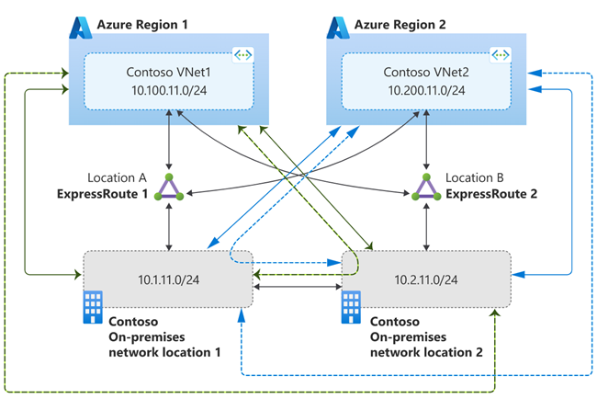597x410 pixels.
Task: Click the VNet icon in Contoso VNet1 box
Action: (242, 56)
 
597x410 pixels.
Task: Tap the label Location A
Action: (118, 177)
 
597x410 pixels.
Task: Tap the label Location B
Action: (477, 177)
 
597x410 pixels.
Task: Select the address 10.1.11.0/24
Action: (168, 277)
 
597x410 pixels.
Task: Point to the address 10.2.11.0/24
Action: (424, 277)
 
